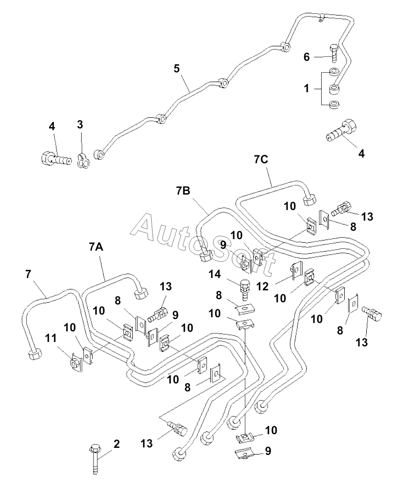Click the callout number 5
pyautogui.click(x=177, y=68)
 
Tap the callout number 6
pyautogui.click(x=306, y=57)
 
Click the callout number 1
pyautogui.click(x=306, y=89)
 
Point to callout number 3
pyautogui.click(x=80, y=124)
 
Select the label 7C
pyautogui.click(x=261, y=159)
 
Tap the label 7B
pyautogui.click(x=183, y=191)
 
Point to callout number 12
pyautogui.click(x=262, y=286)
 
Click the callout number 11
pyautogui.click(x=51, y=338)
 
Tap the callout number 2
pyautogui.click(x=117, y=444)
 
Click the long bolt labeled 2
pyautogui.click(x=95, y=460)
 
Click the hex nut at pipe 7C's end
pyautogui.click(x=309, y=199)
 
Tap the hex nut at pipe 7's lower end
pyautogui.click(x=35, y=355)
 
